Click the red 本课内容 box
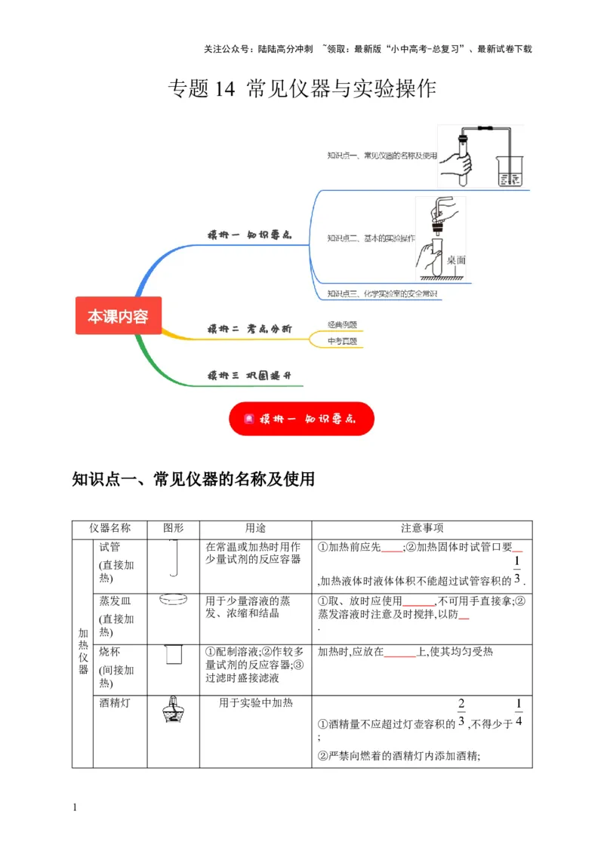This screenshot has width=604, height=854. (x=118, y=316)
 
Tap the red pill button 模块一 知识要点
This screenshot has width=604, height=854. (x=301, y=418)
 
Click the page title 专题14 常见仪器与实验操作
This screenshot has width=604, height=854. (x=301, y=89)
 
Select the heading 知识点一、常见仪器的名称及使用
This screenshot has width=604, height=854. (x=193, y=480)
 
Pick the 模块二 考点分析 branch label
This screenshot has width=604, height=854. (x=249, y=329)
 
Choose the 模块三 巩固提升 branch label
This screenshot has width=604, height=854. (x=249, y=375)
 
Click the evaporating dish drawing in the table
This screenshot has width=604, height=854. (x=174, y=601)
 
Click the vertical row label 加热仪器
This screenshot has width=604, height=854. (x=83, y=652)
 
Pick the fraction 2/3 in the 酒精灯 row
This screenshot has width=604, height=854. (x=461, y=714)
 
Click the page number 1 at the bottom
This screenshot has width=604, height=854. (x=75, y=808)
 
